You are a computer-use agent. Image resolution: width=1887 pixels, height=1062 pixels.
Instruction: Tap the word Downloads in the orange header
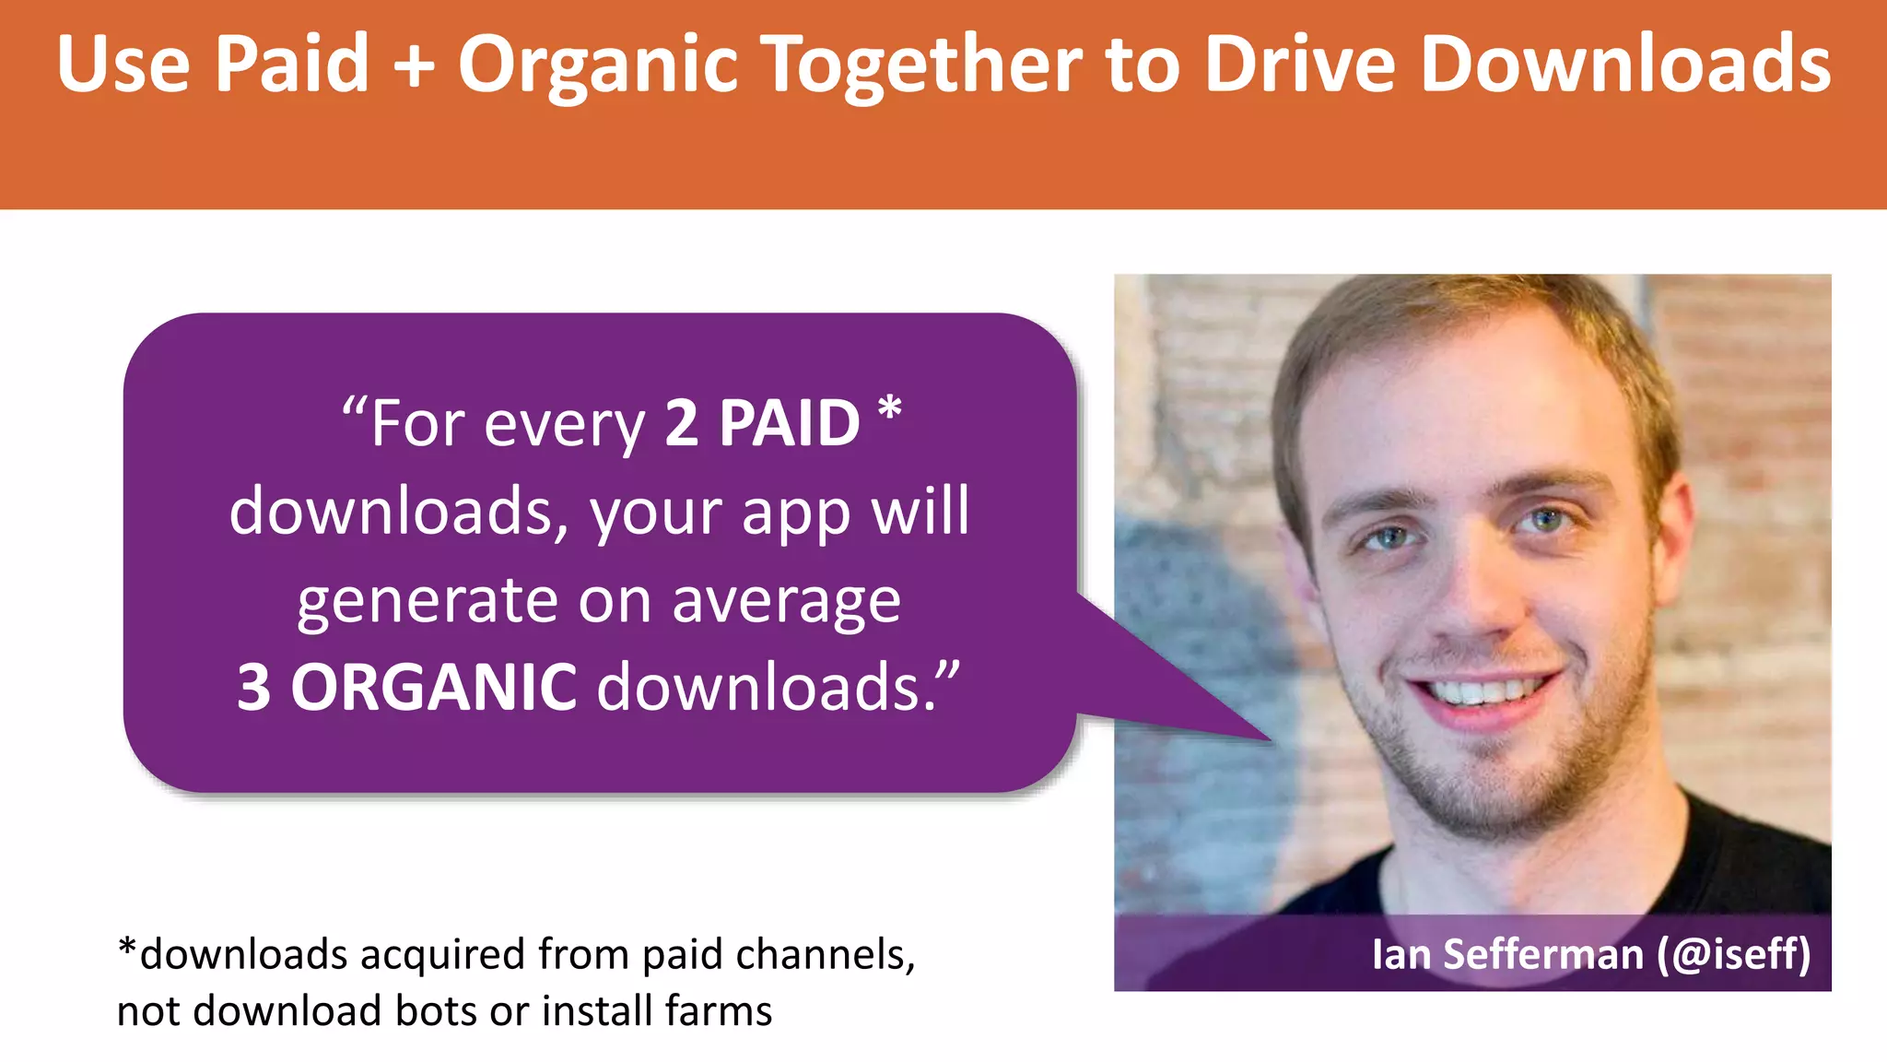[1625, 65]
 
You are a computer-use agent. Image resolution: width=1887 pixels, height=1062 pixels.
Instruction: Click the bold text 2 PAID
[762, 424]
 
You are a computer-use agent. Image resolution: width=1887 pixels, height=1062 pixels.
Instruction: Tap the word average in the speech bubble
[786, 602]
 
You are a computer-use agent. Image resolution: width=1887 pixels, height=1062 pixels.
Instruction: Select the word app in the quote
[796, 513]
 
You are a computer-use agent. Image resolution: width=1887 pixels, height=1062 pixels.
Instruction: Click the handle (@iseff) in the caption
[1733, 954]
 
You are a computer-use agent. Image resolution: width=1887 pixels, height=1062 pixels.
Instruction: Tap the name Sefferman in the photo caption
[1543, 954]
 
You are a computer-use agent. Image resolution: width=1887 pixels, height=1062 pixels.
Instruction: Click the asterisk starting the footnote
[127, 949]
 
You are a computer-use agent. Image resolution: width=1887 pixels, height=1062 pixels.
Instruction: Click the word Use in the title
[123, 65]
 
